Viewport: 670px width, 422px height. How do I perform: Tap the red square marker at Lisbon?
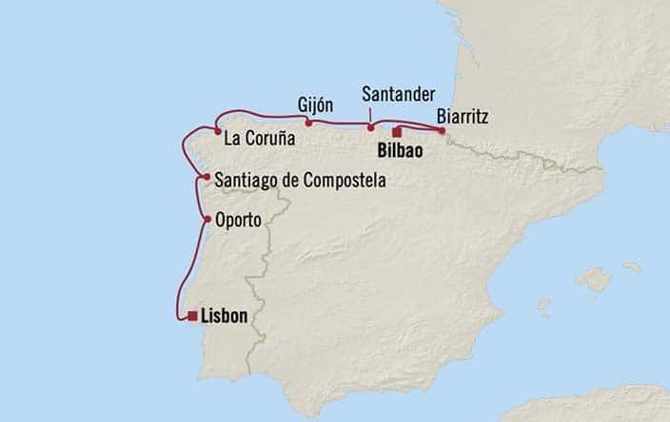[193, 316]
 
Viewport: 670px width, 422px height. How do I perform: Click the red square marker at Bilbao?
[397, 133]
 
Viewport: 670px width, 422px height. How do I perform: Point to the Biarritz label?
[463, 118]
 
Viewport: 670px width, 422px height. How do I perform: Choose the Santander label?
[399, 93]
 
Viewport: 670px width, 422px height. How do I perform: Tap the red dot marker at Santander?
[371, 126]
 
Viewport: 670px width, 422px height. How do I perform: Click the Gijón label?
[315, 102]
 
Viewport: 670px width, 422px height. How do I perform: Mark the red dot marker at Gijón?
[308, 122]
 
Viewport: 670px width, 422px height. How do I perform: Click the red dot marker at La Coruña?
[218, 132]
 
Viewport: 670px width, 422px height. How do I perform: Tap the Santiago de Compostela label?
[301, 178]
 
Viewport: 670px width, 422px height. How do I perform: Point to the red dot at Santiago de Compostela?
[206, 177]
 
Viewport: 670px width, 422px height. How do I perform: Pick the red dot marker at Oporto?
[207, 220]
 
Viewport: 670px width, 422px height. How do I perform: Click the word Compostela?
[342, 178]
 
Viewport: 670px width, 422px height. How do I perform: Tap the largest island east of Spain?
[596, 279]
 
